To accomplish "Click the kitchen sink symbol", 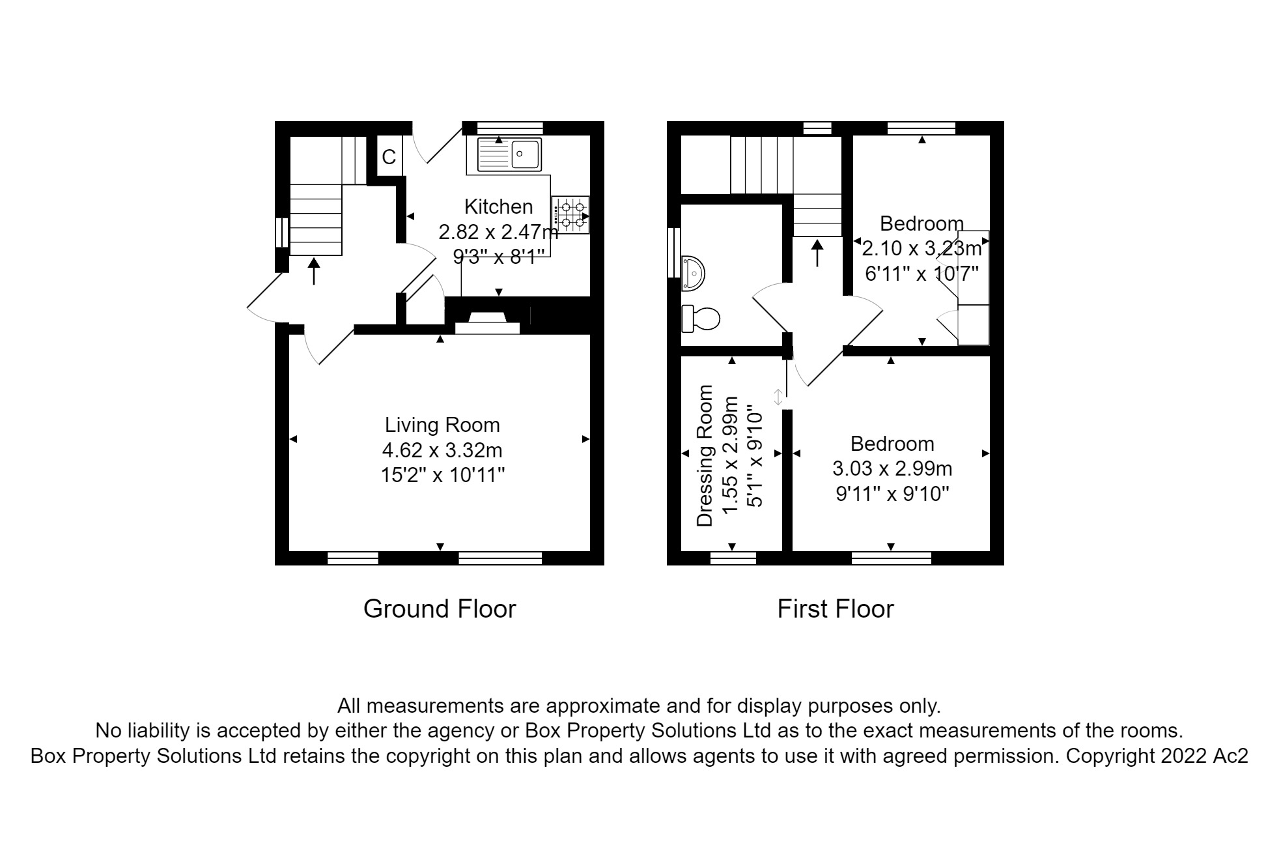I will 509,154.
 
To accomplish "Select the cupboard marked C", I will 389,157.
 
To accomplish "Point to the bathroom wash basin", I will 692,273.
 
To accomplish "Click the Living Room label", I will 442,425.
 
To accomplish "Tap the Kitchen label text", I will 498,207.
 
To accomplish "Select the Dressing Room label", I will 705,455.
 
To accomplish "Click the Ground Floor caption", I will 440,609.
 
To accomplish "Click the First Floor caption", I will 835,609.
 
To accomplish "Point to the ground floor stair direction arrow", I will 315,271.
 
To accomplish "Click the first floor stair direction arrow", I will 817,253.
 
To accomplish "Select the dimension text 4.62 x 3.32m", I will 442,450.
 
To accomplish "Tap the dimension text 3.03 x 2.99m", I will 892,468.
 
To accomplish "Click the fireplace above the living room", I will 487,323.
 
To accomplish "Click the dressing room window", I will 733,558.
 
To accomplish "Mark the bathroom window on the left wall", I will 674,253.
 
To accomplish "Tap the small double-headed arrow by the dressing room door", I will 778,397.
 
